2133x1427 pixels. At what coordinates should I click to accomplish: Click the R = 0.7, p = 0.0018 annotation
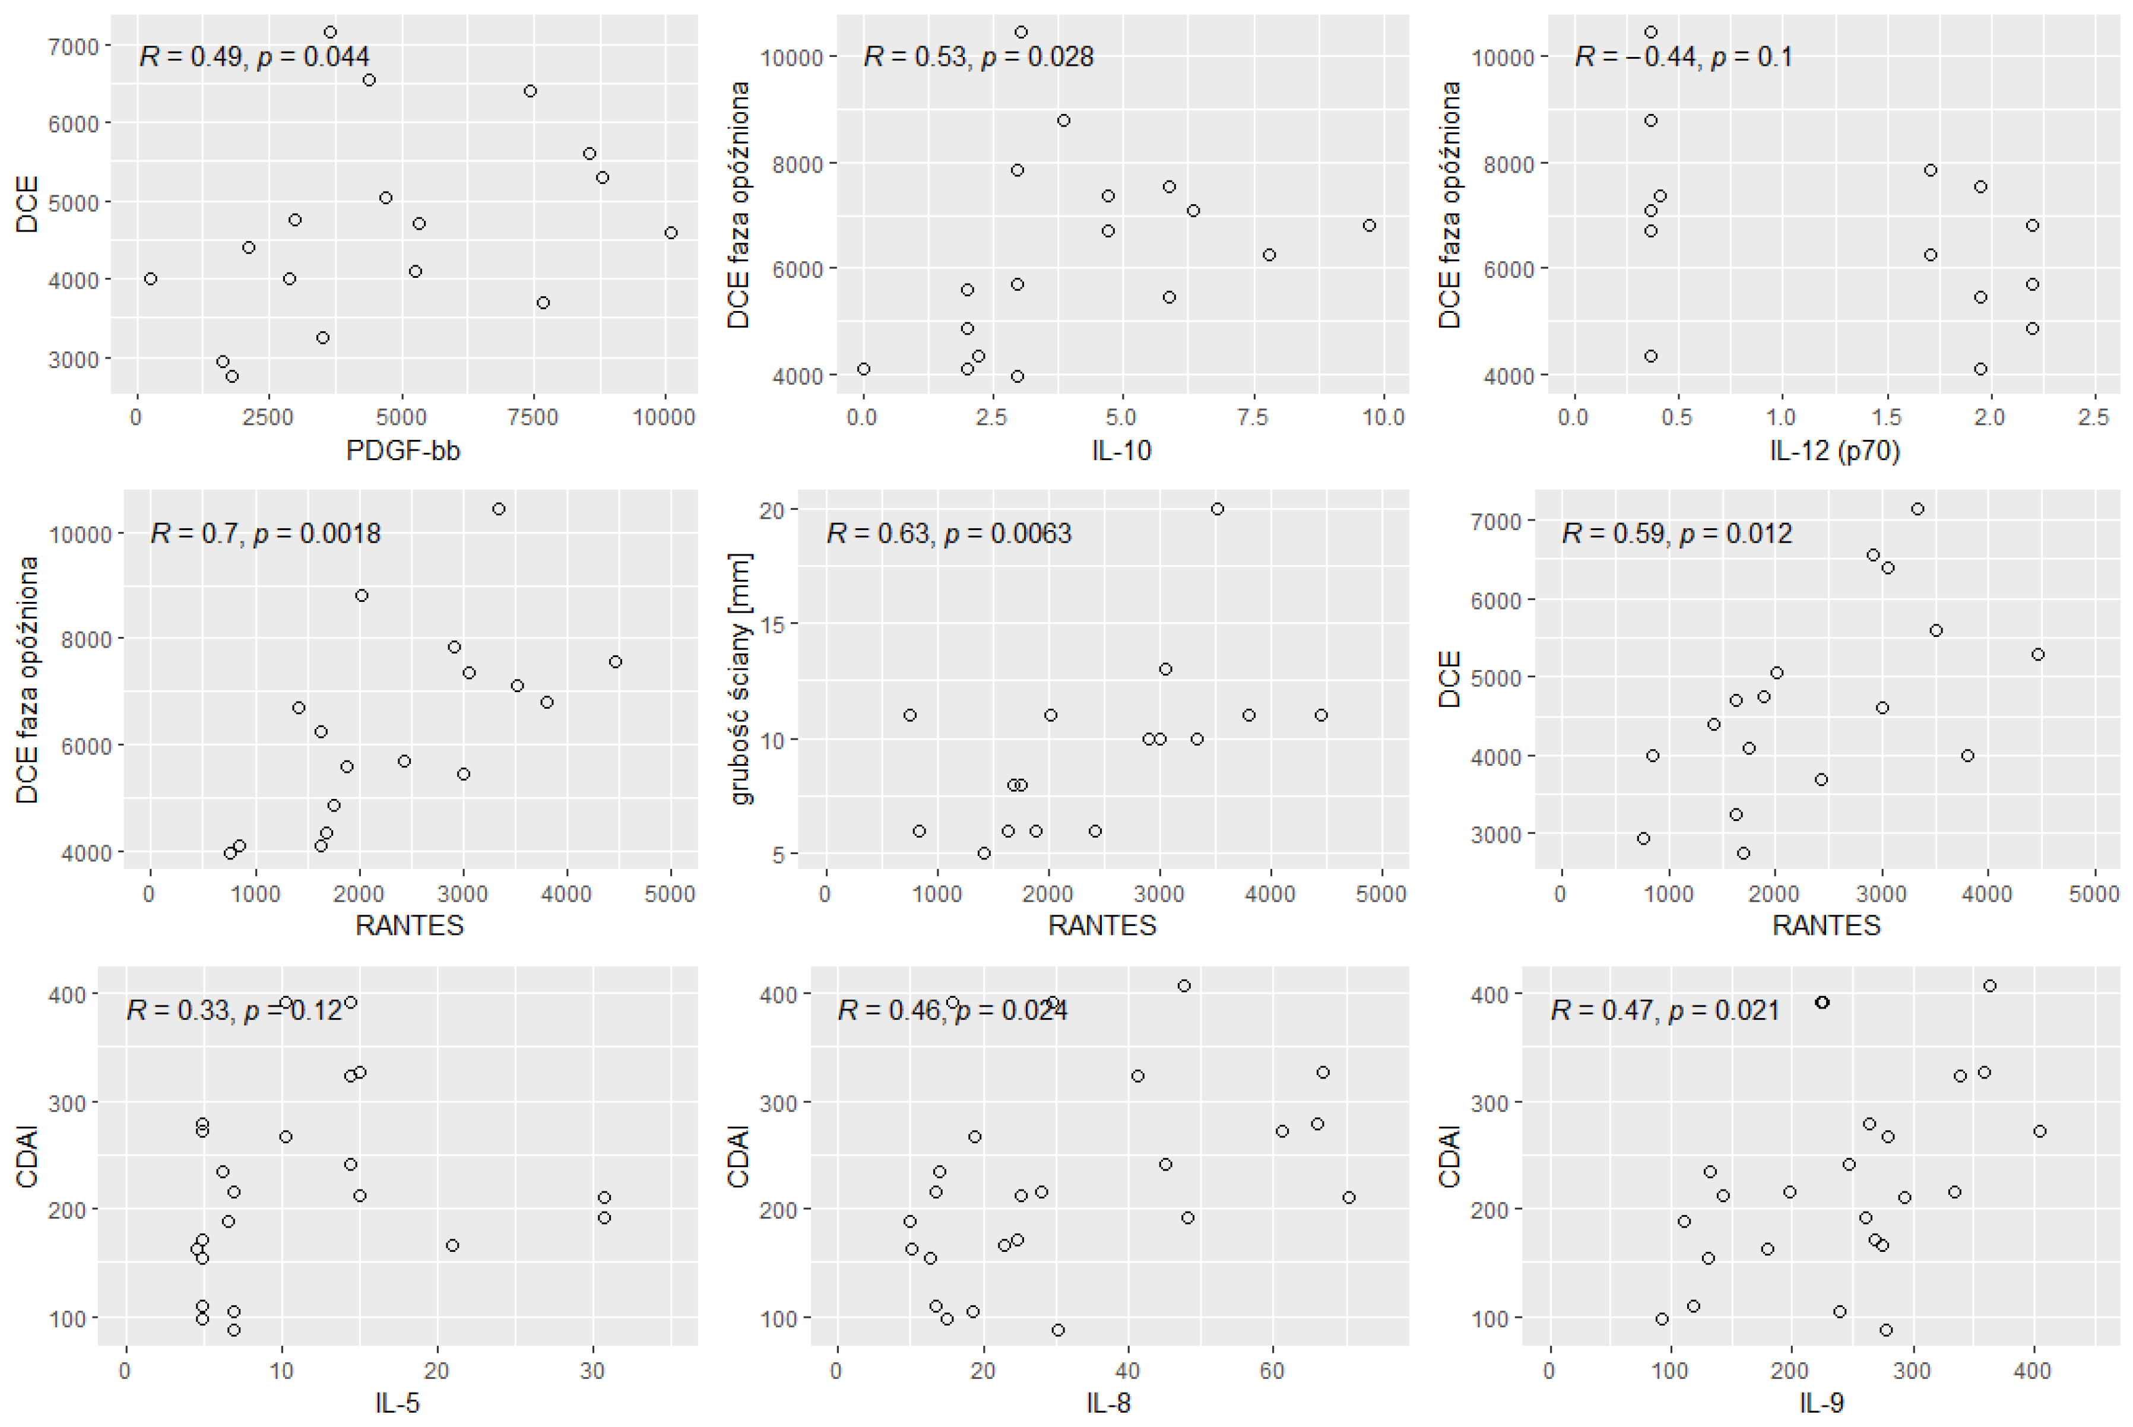tap(265, 532)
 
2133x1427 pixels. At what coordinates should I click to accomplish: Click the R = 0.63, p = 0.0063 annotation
tap(949, 532)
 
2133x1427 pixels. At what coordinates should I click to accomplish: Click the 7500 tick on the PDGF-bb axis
tap(533, 418)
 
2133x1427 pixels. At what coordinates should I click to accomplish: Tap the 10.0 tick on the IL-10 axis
tap(1383, 418)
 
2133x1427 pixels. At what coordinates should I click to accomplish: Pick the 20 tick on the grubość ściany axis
tap(772, 510)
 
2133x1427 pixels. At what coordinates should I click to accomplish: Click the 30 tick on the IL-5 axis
tap(592, 1371)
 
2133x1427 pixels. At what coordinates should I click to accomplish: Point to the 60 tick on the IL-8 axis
tap(1272, 1371)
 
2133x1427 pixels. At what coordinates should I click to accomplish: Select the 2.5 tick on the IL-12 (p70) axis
tap(2094, 418)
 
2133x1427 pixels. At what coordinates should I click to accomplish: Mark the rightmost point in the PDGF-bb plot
tap(671, 233)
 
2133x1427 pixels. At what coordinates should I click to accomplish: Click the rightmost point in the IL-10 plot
tap(1370, 225)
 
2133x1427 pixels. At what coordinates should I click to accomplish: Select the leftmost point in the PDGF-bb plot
tap(151, 278)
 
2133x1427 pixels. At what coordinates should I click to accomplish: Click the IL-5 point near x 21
tap(452, 1245)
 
